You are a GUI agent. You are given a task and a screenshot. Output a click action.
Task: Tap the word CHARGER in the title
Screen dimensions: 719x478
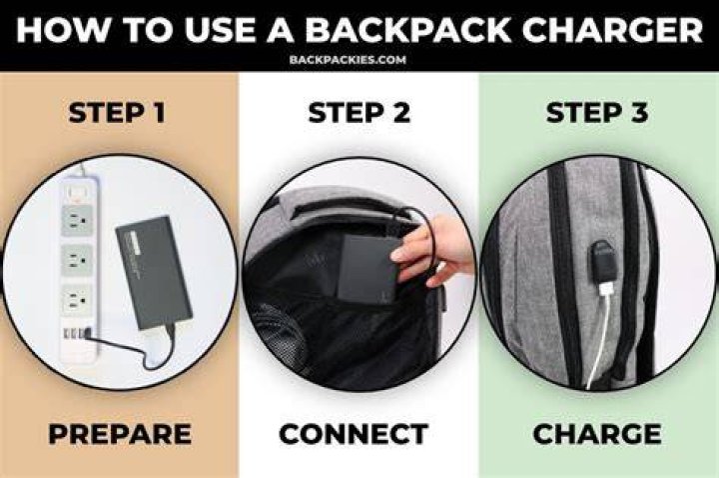(x=612, y=29)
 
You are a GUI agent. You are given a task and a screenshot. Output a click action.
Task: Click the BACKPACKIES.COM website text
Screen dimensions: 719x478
(x=348, y=60)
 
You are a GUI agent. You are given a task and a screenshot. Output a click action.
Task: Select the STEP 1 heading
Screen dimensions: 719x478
(x=117, y=113)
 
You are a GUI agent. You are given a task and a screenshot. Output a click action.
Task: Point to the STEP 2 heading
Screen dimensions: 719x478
(x=359, y=113)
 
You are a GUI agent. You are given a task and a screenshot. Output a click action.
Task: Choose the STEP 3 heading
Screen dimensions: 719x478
(x=597, y=113)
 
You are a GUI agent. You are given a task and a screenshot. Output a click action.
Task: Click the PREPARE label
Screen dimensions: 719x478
(x=120, y=434)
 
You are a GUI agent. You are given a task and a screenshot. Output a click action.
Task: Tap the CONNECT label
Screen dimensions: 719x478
(x=354, y=434)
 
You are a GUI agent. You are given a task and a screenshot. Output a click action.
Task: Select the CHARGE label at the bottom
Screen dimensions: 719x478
(x=597, y=434)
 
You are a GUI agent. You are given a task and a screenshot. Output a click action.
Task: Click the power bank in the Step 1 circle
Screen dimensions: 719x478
(x=154, y=272)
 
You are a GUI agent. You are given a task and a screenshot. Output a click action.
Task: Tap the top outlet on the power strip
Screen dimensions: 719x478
(x=77, y=220)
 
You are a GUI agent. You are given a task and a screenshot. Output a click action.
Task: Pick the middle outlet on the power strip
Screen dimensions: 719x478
(x=77, y=261)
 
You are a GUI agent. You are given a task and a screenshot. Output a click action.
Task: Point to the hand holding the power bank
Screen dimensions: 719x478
(x=433, y=249)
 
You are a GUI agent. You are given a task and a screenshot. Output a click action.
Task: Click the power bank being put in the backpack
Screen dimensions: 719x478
(x=369, y=270)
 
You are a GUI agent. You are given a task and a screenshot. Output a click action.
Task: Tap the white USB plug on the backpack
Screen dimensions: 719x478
(x=605, y=290)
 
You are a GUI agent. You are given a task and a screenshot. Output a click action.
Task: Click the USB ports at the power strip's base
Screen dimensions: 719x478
(x=78, y=333)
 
